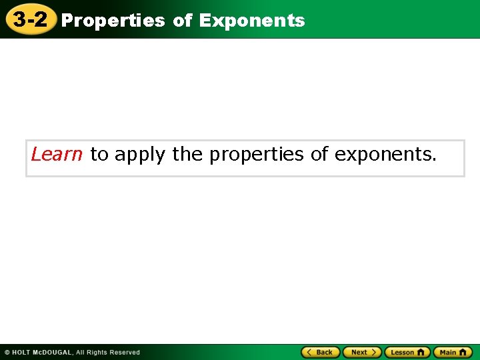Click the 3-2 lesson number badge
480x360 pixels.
30,19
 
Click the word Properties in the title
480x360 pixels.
113,21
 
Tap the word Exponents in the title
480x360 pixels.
251,21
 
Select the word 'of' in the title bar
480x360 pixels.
182,21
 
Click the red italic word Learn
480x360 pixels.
57,155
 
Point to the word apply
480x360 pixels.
140,155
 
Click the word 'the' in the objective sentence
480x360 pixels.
188,155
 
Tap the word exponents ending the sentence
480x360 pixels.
385,155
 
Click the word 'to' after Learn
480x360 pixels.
99,155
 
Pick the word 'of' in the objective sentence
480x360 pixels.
319,155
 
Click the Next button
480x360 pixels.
361,352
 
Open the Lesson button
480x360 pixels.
407,352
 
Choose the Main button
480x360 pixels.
453,352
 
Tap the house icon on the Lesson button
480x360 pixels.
421,352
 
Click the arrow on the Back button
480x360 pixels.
309,352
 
